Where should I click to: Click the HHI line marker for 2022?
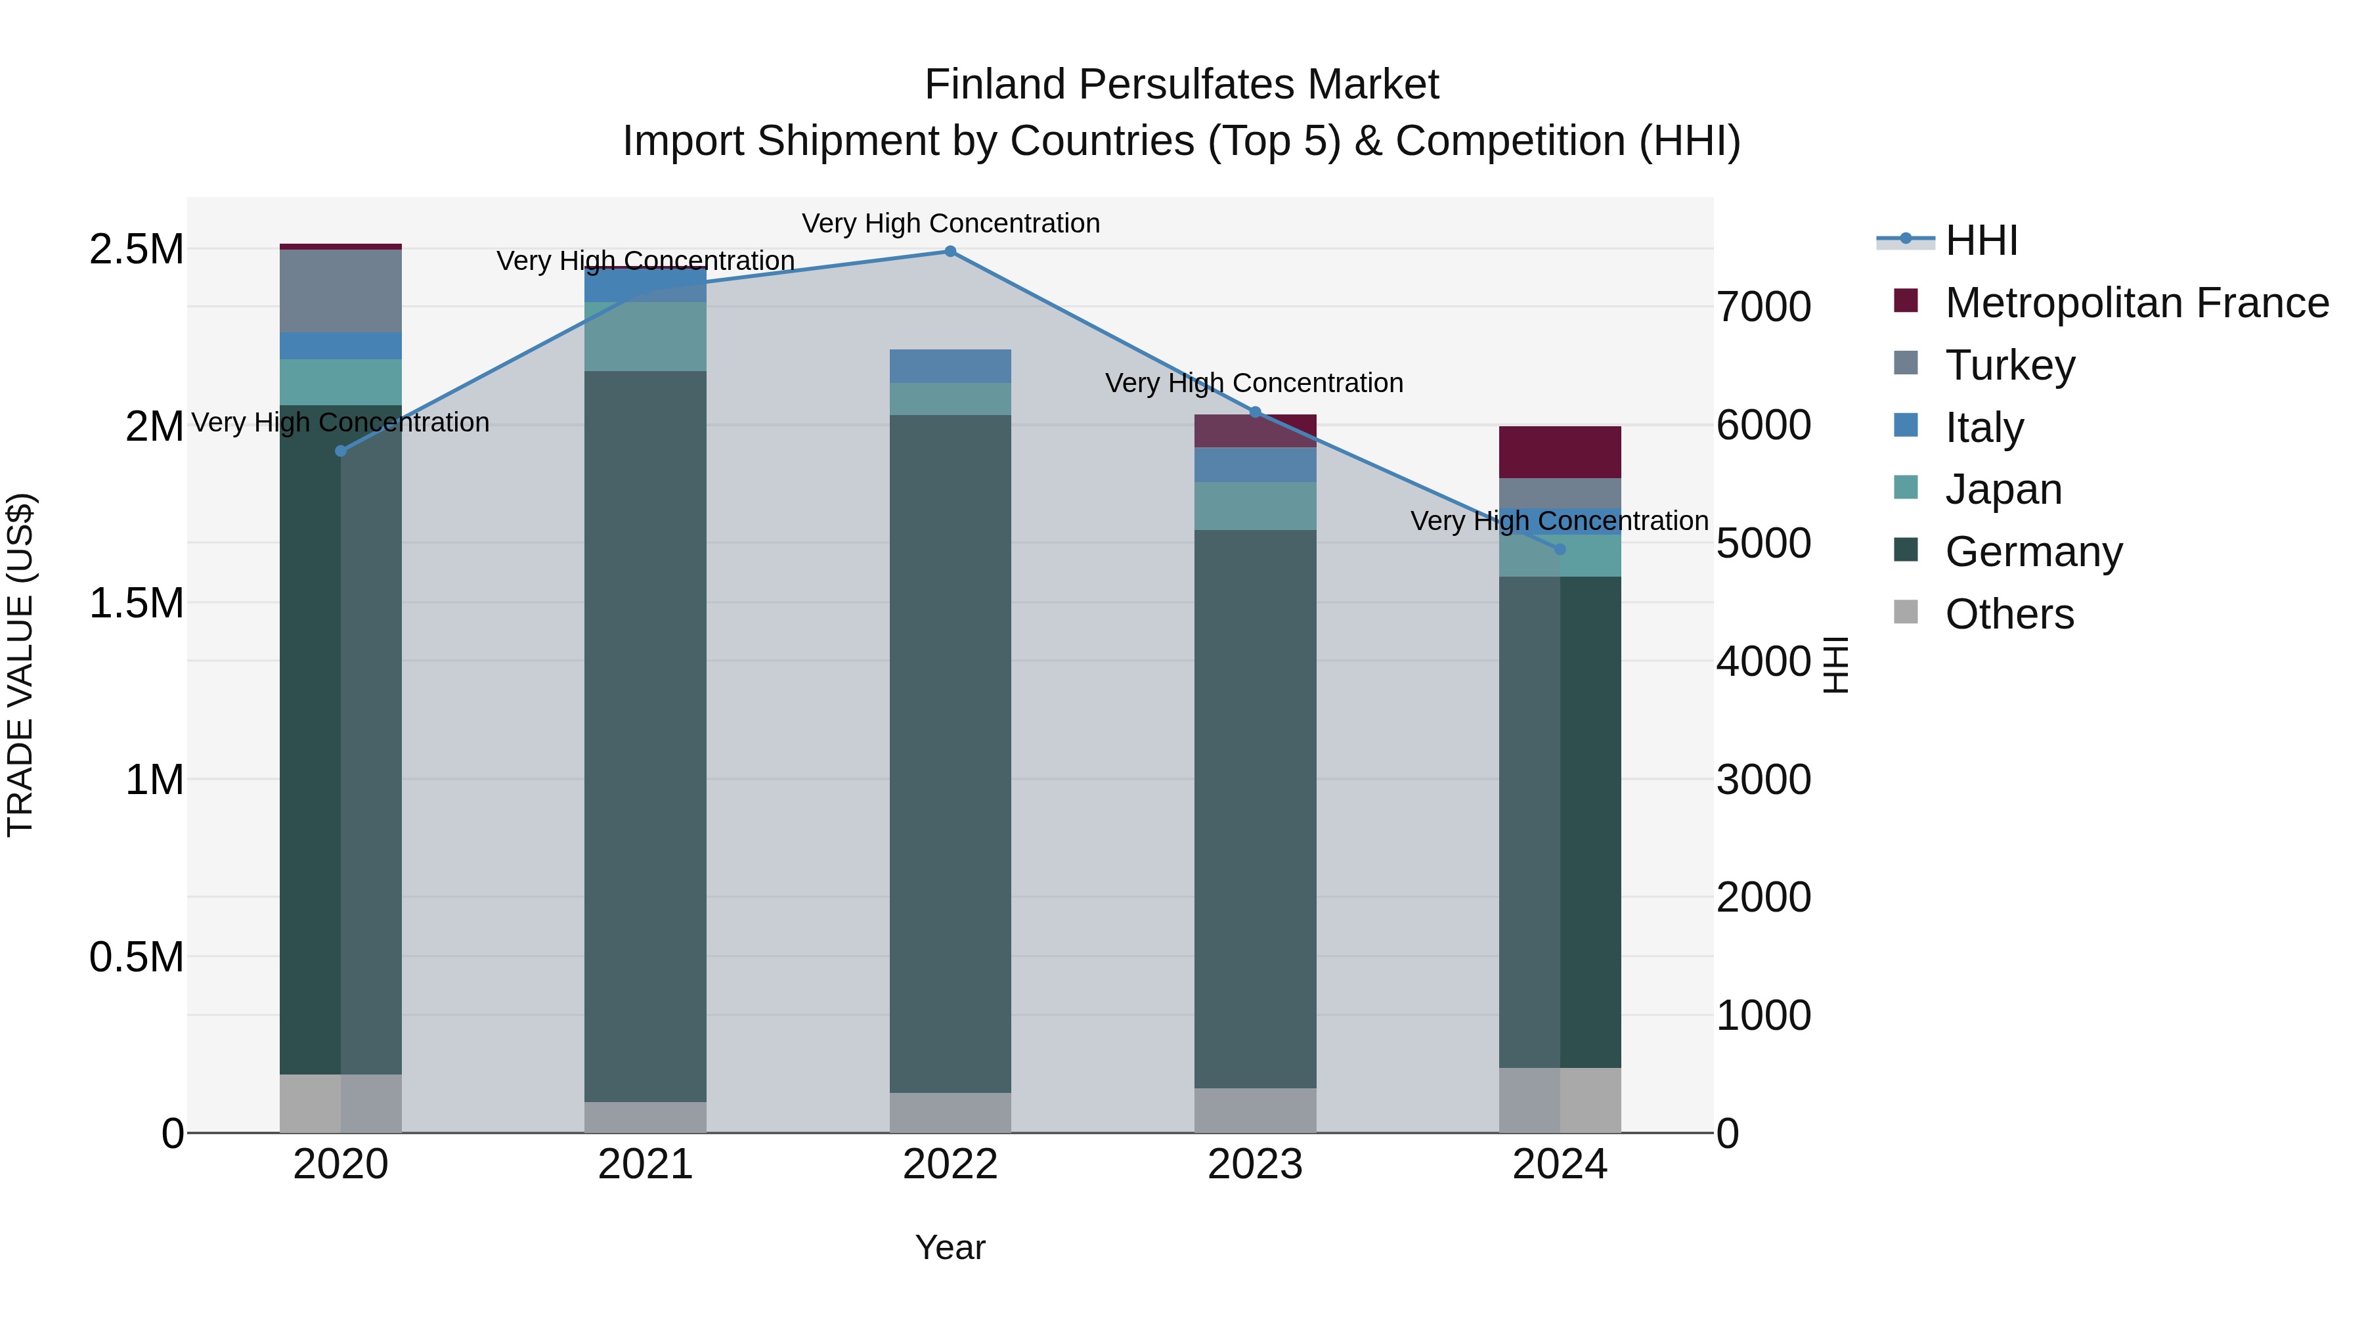pyautogui.click(x=950, y=252)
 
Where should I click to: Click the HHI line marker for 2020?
pyautogui.click(x=340, y=451)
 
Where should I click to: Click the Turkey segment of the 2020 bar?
pyautogui.click(x=340, y=290)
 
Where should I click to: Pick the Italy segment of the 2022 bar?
pyautogui.click(x=950, y=365)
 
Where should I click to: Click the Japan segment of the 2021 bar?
pyautogui.click(x=645, y=336)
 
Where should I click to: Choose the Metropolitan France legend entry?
pyautogui.click(x=2135, y=303)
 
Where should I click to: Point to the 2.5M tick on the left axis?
pyautogui.click(x=136, y=250)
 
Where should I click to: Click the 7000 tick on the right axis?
pyautogui.click(x=1763, y=307)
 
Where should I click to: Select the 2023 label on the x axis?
pyautogui.click(x=1254, y=1164)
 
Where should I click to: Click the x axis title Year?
pyautogui.click(x=950, y=1247)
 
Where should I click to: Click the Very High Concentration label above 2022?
pyautogui.click(x=950, y=223)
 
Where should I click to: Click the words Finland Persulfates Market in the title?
pyautogui.click(x=1181, y=85)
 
